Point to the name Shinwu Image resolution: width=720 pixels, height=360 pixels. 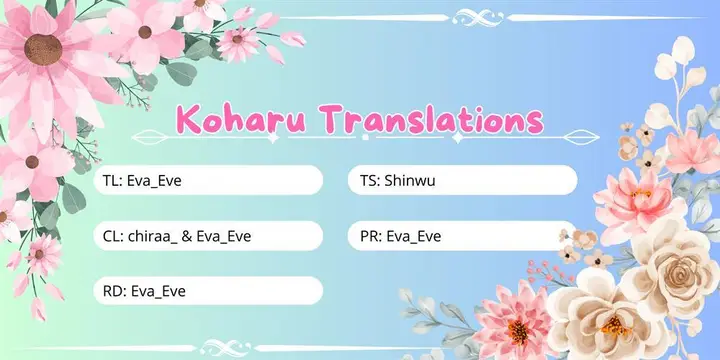point(413,181)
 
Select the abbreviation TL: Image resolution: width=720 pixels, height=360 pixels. point(113,181)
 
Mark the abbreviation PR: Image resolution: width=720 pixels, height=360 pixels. point(367,236)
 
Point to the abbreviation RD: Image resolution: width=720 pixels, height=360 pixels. point(114,291)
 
